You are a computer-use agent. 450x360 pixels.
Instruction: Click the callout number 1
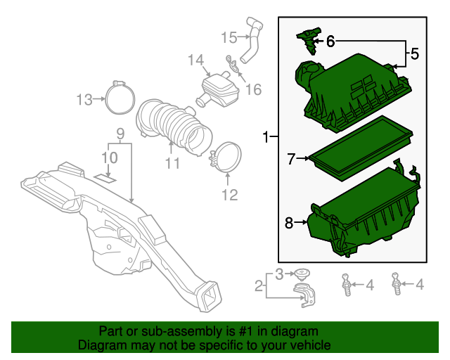tap(266, 136)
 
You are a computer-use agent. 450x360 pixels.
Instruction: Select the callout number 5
tap(414, 53)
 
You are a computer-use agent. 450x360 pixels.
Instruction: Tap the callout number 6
tap(330, 41)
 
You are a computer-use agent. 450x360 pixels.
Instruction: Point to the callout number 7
tap(291, 159)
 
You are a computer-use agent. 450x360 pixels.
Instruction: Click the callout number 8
tap(289, 223)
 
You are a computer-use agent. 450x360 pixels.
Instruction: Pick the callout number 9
tap(120, 133)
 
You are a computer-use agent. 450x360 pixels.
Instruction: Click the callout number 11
tap(172, 163)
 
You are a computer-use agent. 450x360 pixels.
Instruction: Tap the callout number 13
tap(84, 100)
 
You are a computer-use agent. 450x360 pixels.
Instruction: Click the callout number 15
tap(229, 37)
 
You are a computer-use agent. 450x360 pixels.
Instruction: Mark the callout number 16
tap(253, 89)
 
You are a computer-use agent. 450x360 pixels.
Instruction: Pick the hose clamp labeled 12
tap(226, 158)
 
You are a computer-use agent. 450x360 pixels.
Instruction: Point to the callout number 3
tap(278, 274)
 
